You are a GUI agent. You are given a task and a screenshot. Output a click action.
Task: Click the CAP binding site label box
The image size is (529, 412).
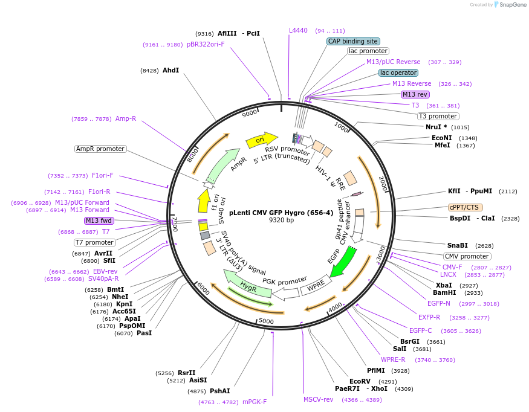[353, 41]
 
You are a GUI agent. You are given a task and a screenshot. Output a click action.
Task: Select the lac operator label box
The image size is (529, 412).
[398, 72]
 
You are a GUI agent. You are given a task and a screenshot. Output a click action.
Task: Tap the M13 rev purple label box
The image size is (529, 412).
[415, 94]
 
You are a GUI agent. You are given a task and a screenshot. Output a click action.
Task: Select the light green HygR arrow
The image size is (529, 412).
[247, 284]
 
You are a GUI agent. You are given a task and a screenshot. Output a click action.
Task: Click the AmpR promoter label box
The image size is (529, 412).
[100, 149]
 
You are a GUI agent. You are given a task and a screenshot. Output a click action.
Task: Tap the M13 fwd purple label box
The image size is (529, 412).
[99, 220]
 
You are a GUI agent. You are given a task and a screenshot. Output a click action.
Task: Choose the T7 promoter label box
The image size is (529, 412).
[94, 242]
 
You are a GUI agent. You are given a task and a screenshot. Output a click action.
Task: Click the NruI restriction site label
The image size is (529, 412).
[436, 127]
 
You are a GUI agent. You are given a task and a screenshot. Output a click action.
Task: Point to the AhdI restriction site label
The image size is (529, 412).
[170, 70]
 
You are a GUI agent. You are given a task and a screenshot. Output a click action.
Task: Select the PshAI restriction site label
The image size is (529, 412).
[220, 391]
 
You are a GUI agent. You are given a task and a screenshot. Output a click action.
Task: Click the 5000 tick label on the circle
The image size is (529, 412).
[266, 321]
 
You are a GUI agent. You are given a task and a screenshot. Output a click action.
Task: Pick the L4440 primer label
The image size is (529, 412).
[298, 30]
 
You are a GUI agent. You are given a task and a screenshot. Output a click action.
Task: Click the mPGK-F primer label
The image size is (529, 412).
[255, 402]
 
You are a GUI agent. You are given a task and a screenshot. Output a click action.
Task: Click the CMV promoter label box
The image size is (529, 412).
[467, 256]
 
